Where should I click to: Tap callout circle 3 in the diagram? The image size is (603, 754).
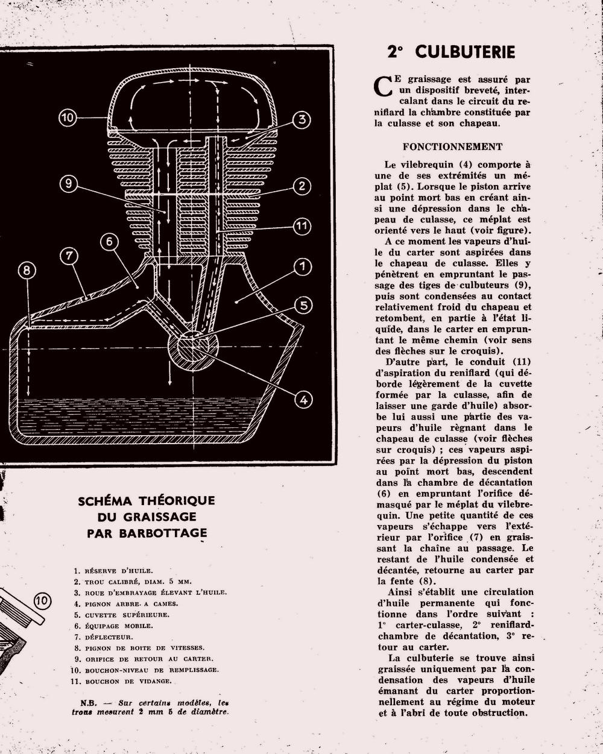pyautogui.click(x=301, y=119)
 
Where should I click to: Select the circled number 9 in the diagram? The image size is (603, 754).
pyautogui.click(x=69, y=183)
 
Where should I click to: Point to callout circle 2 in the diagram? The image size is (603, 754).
pyautogui.click(x=302, y=186)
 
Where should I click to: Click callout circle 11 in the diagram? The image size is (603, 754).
pyautogui.click(x=302, y=226)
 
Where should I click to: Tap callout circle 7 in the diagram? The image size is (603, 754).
pyautogui.click(x=69, y=256)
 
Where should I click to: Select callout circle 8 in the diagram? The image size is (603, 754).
pyautogui.click(x=27, y=270)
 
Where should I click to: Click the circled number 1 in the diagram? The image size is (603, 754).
pyautogui.click(x=302, y=266)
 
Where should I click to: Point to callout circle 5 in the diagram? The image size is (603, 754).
pyautogui.click(x=304, y=305)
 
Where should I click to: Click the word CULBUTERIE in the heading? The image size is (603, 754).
pyautogui.click(x=465, y=52)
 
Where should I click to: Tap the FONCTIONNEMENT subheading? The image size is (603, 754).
pyautogui.click(x=452, y=146)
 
